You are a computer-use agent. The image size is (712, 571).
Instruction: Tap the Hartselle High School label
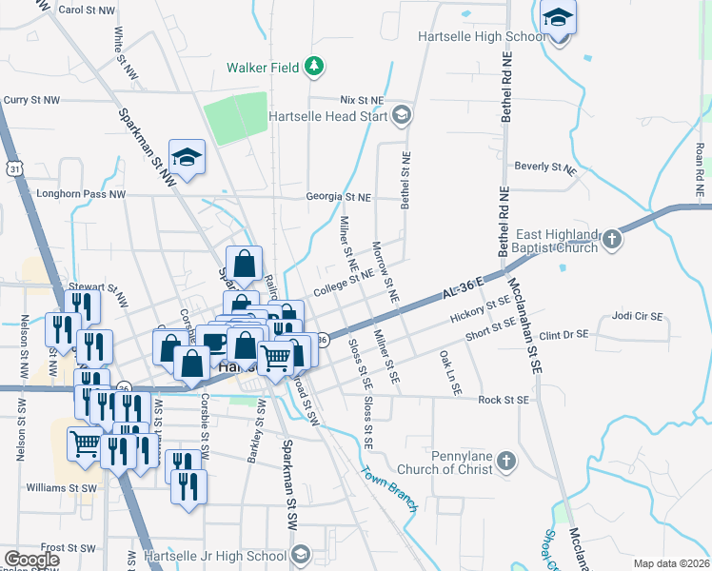481,37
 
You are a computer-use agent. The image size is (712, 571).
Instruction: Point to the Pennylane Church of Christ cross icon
507,461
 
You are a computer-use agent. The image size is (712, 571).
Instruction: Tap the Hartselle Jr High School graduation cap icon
300,556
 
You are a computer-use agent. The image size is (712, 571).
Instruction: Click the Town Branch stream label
388,487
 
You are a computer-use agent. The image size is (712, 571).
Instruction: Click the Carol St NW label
87,10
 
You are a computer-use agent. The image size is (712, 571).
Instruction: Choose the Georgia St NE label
338,197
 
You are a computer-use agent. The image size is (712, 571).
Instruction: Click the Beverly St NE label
545,167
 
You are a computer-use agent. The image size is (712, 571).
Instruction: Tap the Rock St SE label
503,401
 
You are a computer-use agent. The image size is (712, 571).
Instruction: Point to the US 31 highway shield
13,168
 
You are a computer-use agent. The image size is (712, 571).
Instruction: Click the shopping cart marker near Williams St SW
85,443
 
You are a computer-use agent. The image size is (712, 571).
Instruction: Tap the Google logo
30,560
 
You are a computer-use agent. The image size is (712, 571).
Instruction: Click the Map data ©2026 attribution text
670,563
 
